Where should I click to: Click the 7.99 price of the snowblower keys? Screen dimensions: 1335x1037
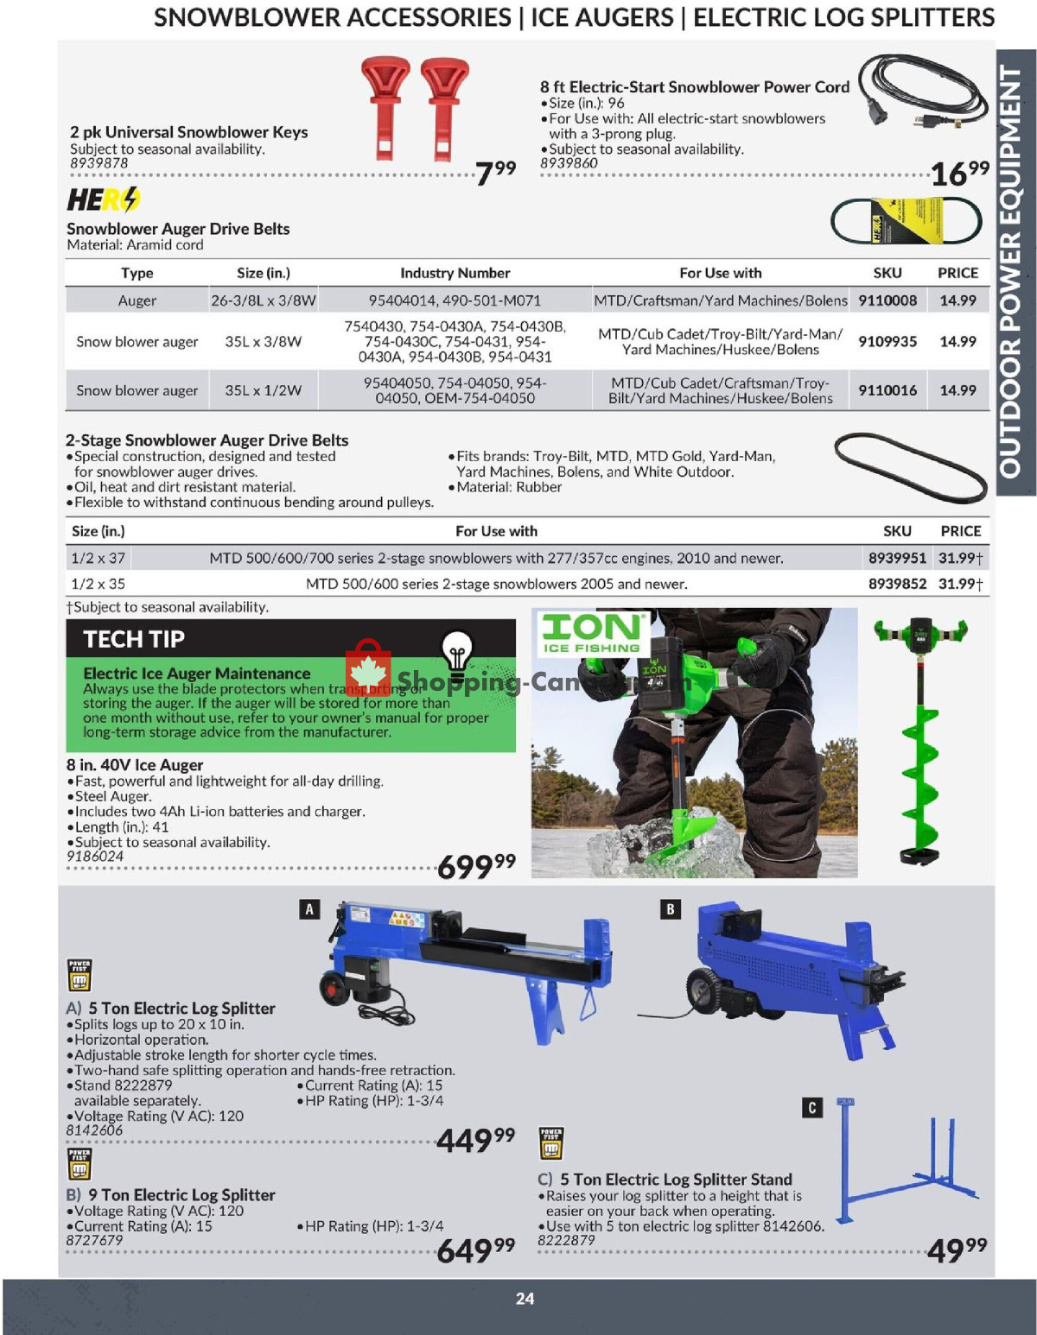495,172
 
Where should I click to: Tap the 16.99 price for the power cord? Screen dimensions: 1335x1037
959,173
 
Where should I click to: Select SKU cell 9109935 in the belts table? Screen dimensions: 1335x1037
887,341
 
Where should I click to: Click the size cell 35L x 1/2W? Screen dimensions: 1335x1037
263,390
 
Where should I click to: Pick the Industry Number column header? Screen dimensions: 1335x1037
455,273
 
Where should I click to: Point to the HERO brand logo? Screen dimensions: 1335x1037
104,200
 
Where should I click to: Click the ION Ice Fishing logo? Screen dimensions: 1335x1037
592,633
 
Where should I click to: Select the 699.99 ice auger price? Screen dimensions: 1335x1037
476,865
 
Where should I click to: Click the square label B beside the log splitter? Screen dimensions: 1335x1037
670,908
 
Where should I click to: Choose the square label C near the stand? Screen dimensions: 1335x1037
811,1108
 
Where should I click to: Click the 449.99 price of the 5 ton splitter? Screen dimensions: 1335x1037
475,1140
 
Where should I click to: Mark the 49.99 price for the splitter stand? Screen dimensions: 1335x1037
956,1249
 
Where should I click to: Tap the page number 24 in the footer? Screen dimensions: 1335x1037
525,1299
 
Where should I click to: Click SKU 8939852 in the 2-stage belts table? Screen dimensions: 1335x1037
897,584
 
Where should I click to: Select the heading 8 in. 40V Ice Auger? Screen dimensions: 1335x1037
135,765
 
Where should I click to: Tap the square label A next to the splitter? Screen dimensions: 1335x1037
309,908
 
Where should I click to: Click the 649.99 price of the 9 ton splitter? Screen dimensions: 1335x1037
475,1250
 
